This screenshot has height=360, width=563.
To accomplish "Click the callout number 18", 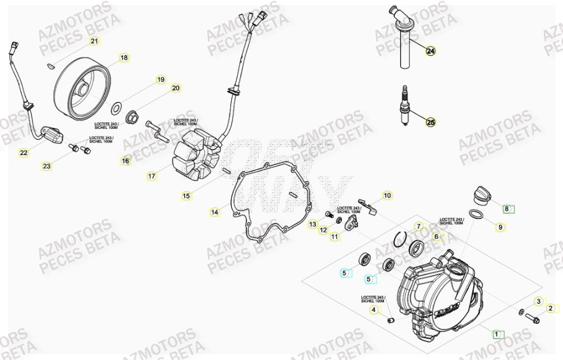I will click(124, 58).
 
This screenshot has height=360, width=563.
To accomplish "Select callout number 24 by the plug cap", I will click(430, 51).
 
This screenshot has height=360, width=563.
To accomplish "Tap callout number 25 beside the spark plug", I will click(430, 122).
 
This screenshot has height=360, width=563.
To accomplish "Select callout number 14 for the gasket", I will click(215, 211).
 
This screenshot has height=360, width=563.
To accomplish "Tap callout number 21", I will click(94, 41).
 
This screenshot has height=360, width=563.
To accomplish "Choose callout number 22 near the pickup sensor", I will click(23, 153).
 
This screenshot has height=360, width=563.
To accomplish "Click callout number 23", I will click(46, 166).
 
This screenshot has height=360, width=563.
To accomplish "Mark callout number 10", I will click(386, 195).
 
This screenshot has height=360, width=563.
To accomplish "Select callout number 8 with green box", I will click(507, 209).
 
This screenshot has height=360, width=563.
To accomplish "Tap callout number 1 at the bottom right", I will click(496, 334).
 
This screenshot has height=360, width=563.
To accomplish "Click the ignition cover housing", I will click(440, 297).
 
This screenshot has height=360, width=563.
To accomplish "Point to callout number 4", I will click(373, 310).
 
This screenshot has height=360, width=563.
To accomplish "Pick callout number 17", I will click(152, 176).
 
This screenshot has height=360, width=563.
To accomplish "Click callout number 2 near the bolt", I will click(551, 308).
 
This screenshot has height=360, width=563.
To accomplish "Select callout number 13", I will click(313, 224).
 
